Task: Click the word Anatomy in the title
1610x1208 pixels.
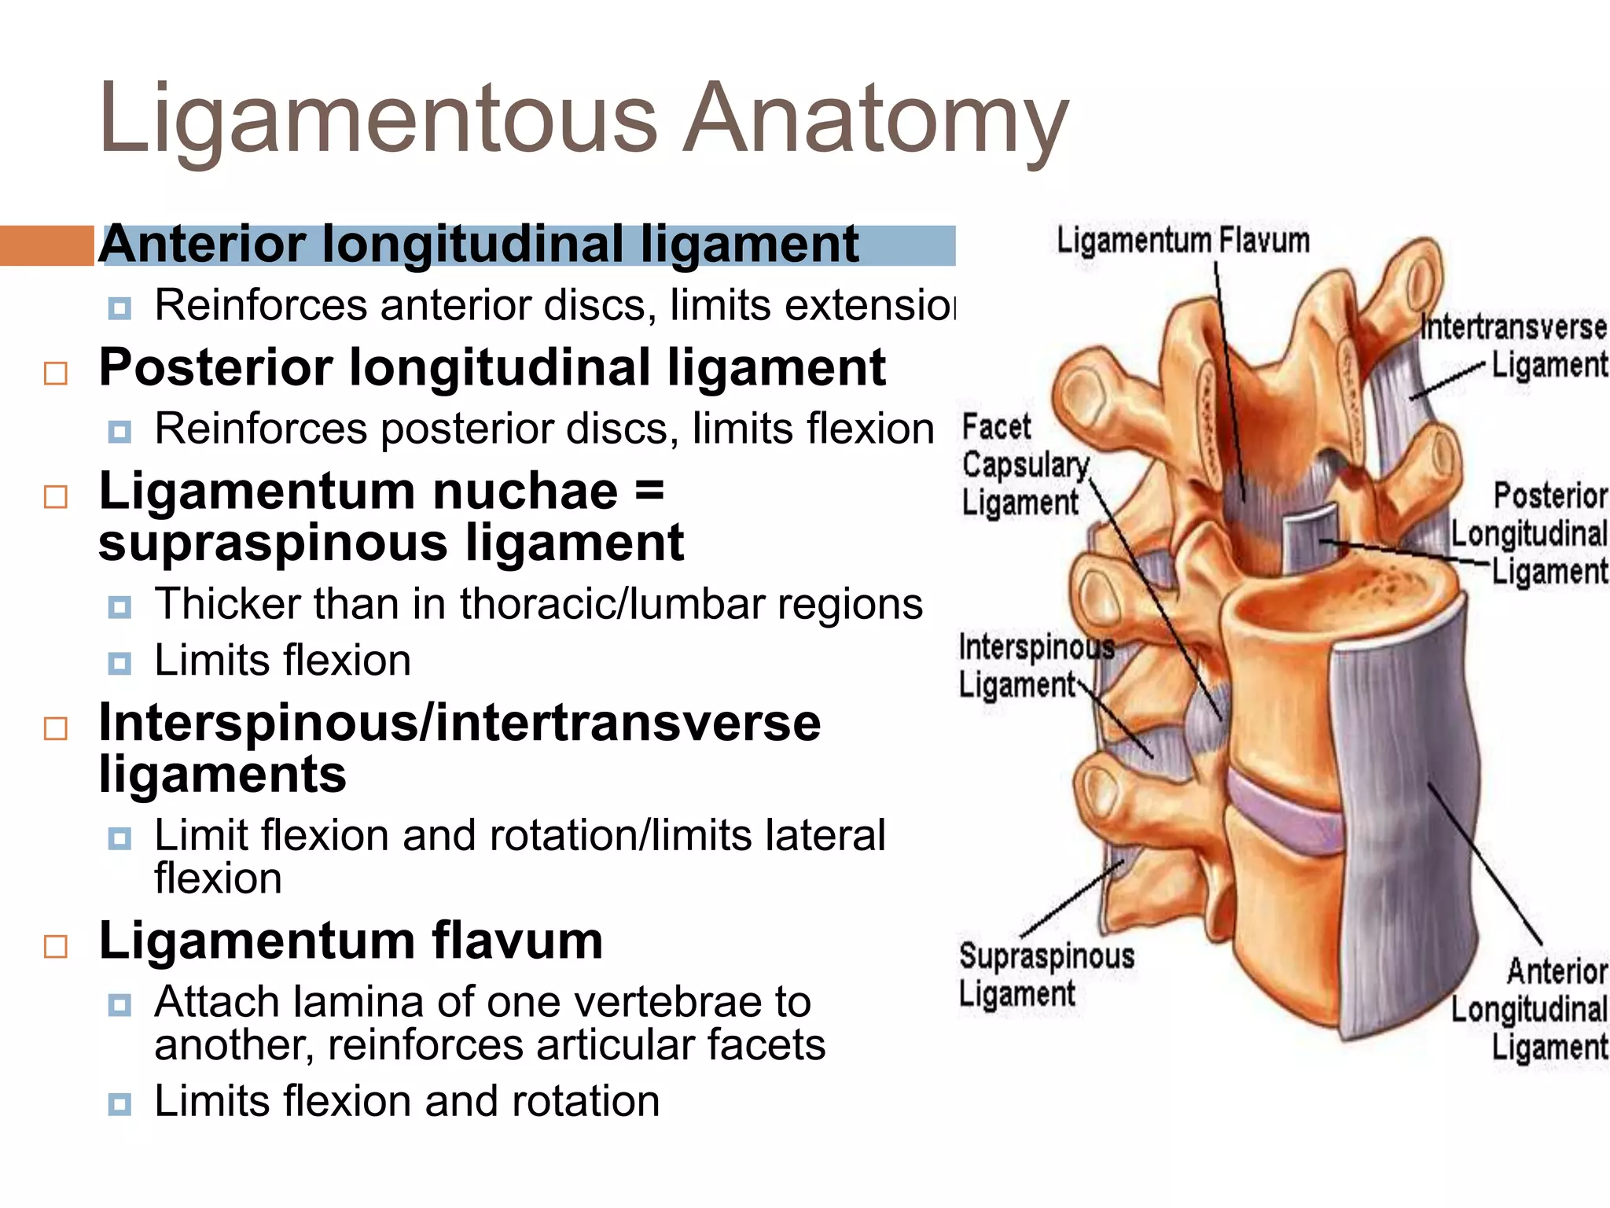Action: point(874,120)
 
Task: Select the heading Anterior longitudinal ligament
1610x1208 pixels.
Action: point(478,245)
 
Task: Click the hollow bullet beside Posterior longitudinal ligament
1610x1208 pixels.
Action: point(56,373)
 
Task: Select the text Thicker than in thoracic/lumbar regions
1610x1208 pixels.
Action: point(538,604)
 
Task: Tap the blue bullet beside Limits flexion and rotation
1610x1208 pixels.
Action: point(119,1103)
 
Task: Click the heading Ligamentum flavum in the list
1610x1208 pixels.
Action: point(351,941)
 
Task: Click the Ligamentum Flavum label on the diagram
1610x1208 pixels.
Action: point(1182,241)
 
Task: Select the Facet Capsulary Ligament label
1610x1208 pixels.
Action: point(1024,466)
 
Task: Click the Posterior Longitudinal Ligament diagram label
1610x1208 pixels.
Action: point(1530,534)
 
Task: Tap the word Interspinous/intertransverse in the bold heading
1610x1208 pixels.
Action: point(459,724)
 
